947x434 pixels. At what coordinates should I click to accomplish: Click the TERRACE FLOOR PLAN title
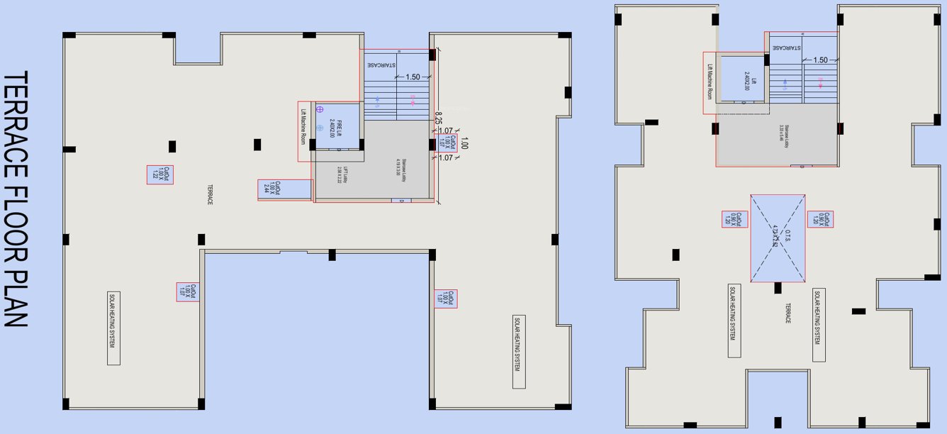point(16,199)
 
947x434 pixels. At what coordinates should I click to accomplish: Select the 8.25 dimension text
point(439,118)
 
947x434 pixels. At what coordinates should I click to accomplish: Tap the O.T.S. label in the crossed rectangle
point(778,236)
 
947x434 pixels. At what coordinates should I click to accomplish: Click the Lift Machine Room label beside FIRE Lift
point(303,131)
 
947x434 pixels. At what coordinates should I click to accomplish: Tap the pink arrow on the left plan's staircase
point(413,99)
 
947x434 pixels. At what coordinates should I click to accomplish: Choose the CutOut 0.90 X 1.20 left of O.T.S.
point(735,220)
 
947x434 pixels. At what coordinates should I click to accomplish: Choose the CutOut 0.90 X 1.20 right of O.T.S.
point(820,220)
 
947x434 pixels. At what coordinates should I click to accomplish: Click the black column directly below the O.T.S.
point(778,288)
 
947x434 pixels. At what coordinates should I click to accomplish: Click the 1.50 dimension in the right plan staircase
point(820,60)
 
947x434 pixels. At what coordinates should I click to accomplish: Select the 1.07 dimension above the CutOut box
point(446,130)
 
